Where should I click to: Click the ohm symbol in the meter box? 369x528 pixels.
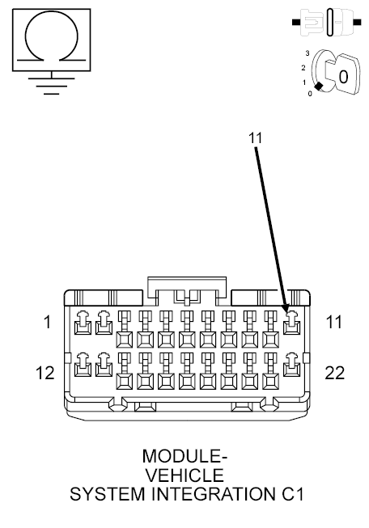pos(53,36)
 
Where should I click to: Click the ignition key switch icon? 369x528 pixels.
pos(333,74)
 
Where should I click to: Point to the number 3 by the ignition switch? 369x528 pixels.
pos(307,53)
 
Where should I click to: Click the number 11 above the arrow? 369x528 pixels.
pos(256,137)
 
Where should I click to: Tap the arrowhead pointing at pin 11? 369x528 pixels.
pos(286,312)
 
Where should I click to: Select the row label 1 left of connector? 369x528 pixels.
pos(47,323)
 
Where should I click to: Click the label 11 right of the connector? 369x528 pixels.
pos(333,323)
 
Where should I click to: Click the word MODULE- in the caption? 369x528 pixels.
pos(184,457)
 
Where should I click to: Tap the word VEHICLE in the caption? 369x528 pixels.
pos(184,475)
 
